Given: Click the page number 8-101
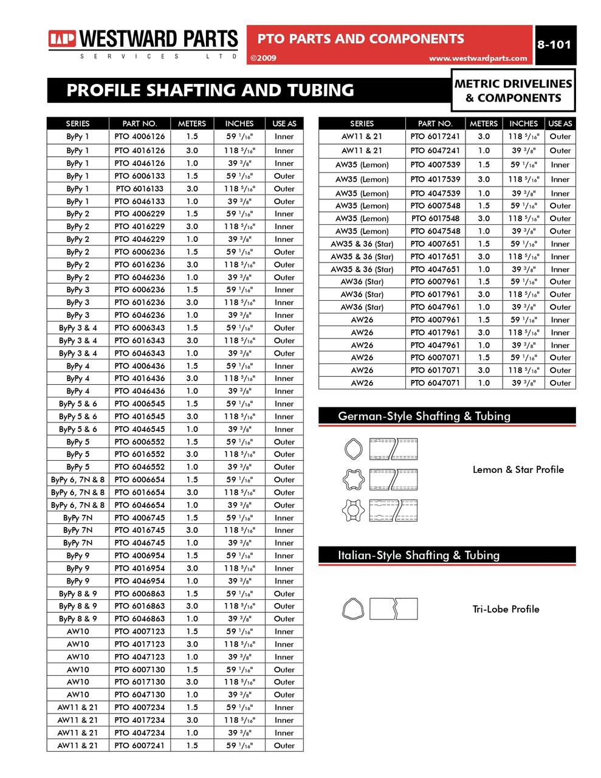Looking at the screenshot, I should pyautogui.click(x=554, y=44).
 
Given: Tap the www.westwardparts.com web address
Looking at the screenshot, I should pyautogui.click(x=478, y=58).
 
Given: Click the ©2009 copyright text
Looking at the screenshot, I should pyautogui.click(x=263, y=58).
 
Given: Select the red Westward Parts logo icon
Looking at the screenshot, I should pyautogui.click(x=62, y=40).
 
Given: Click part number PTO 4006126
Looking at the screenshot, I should pyautogui.click(x=139, y=137).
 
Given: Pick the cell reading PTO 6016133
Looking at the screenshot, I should pyautogui.click(x=139, y=188).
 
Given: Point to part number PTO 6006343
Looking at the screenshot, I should pyautogui.click(x=139, y=328).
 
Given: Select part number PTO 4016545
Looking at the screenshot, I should pyautogui.click(x=139, y=416).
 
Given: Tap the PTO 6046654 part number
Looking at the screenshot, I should pyautogui.click(x=139, y=505).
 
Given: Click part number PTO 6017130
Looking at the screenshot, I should pyautogui.click(x=139, y=682).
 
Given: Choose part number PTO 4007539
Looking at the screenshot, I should pyautogui.click(x=435, y=165).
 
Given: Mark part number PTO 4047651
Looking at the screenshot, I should pyautogui.click(x=435, y=269).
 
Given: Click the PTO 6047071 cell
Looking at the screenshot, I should pyautogui.click(x=435, y=383).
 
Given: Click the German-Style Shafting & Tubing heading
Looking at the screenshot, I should pyautogui.click(x=424, y=416).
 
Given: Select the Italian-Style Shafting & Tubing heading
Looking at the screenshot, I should pyautogui.click(x=418, y=555).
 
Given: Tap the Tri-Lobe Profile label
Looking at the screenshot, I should pyautogui.click(x=506, y=609).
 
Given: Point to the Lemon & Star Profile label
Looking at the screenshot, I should pyautogui.click(x=518, y=469).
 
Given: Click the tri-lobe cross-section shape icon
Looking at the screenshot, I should pyautogui.click(x=353, y=608).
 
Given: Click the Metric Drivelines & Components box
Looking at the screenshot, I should pyautogui.click(x=513, y=91).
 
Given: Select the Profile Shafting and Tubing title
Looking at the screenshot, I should pyautogui.click(x=210, y=91).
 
